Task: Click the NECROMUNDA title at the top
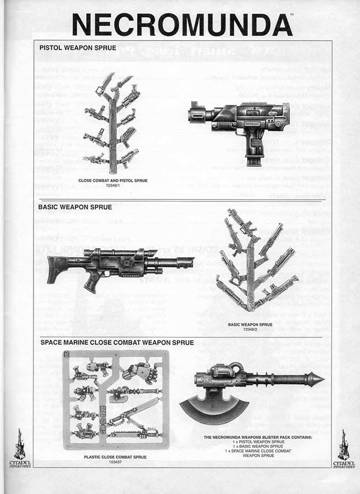pos(182,25)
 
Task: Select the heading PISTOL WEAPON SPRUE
pos(77,48)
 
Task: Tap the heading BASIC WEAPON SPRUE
pos(75,207)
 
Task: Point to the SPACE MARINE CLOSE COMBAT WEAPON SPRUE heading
pos(117,343)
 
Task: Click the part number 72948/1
pos(113,186)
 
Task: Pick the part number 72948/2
pos(250,329)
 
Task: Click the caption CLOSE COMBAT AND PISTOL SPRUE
pos(113,181)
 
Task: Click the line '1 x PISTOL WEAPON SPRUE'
pos(258,442)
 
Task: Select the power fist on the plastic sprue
pos(140,373)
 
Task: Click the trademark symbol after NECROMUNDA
pos(291,15)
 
